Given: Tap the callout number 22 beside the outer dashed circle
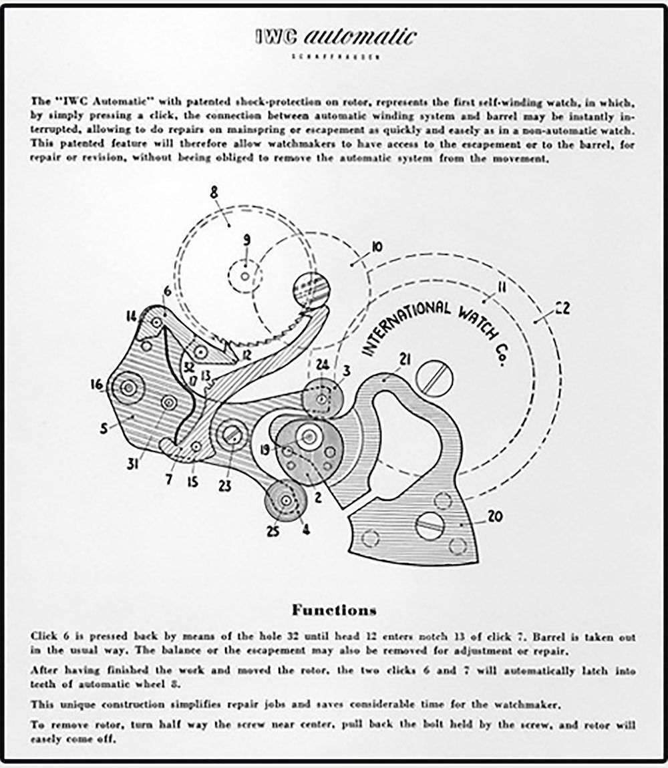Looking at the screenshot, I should (x=561, y=309).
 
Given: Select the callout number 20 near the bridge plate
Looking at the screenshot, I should (x=495, y=516).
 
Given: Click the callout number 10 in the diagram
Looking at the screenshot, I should (x=375, y=248).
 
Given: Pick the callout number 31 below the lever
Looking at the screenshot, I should (x=133, y=461).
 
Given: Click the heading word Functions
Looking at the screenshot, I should (x=333, y=610).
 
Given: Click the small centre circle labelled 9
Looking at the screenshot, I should (x=245, y=274).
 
